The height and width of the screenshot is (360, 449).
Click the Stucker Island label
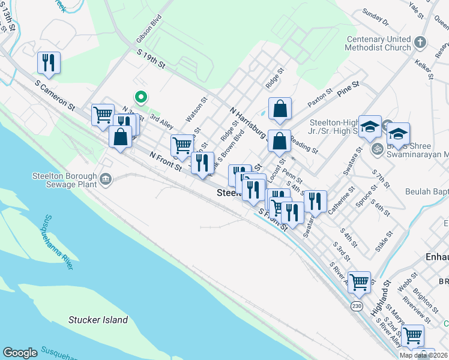[98, 320]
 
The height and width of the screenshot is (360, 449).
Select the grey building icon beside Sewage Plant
[106, 178]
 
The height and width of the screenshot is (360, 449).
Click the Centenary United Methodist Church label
[378, 44]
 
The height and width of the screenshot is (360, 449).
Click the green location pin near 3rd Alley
[141, 96]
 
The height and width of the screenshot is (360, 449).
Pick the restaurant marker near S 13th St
[48, 62]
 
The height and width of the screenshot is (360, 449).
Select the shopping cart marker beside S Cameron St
[103, 113]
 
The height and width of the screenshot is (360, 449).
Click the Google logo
[20, 353]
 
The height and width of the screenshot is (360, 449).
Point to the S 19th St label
[151, 60]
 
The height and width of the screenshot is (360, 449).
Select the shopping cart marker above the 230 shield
[359, 280]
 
